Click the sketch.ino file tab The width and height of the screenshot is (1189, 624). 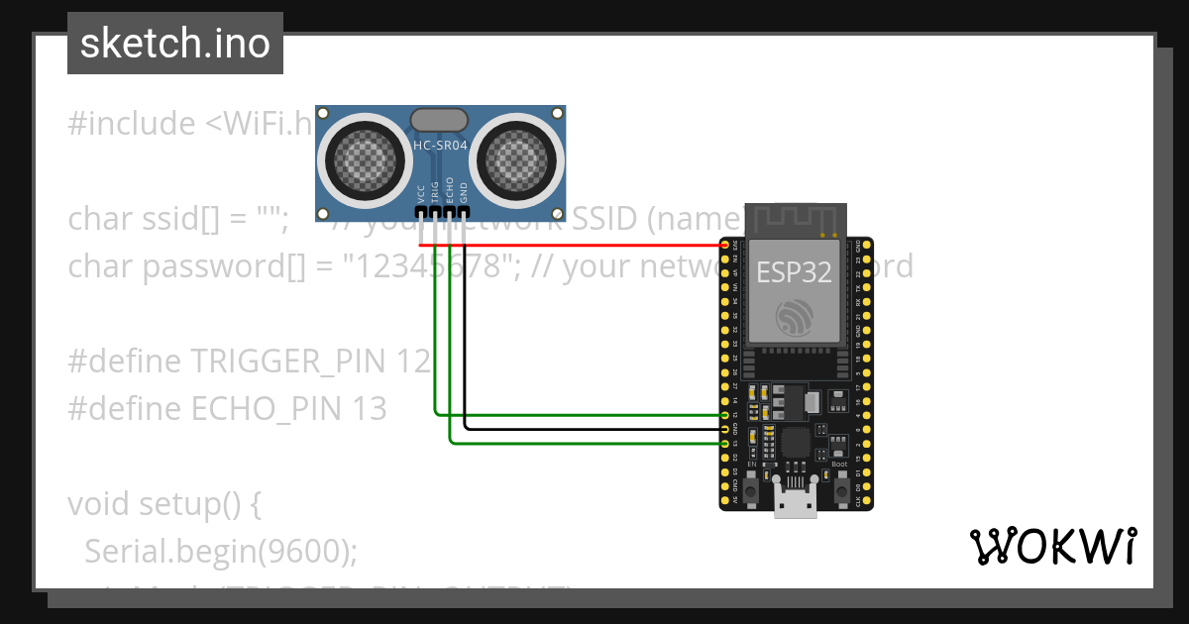pyautogui.click(x=175, y=44)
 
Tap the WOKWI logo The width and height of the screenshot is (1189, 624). pyautogui.click(x=1052, y=546)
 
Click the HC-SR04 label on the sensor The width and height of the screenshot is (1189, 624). pyautogui.click(x=440, y=146)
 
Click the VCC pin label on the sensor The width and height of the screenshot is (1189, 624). pyautogui.click(x=421, y=193)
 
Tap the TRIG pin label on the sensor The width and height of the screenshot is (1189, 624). pyautogui.click(x=435, y=191)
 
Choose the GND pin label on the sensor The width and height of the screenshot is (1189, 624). pyautogui.click(x=464, y=192)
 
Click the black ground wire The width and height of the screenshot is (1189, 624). pyautogui.click(x=594, y=429)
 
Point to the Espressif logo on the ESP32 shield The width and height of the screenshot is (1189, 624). pyautogui.click(x=797, y=318)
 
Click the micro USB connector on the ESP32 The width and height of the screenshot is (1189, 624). pyautogui.click(x=797, y=504)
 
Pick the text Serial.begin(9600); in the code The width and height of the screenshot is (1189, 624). pyautogui.click(x=220, y=551)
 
